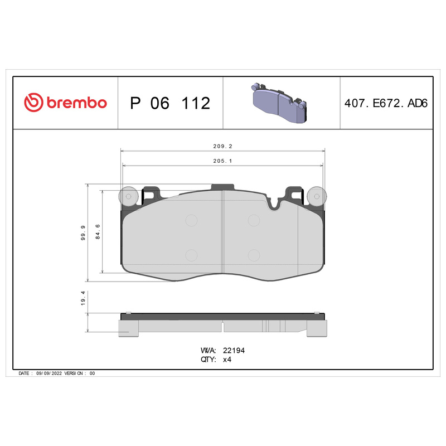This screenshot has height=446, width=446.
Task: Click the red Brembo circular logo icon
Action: click(x=33, y=103)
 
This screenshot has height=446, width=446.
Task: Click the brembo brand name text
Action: click(x=76, y=103)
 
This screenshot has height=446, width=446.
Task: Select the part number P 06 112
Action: click(x=169, y=103)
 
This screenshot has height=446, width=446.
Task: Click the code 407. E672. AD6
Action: click(x=386, y=103)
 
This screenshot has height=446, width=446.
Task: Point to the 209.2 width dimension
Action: click(x=222, y=146)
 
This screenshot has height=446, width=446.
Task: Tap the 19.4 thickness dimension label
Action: click(x=83, y=298)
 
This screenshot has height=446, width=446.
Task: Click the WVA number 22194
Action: click(x=234, y=351)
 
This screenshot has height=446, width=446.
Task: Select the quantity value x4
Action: click(x=227, y=360)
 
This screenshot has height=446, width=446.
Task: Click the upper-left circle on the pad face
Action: click(x=191, y=221)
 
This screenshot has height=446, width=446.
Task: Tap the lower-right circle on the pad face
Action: click(x=254, y=255)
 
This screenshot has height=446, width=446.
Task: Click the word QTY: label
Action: click(x=207, y=360)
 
